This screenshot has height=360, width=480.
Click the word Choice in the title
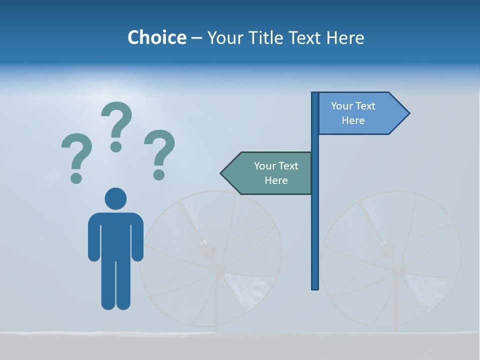(156, 37)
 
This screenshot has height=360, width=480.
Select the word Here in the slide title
(345, 37)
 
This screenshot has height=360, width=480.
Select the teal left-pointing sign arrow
(267, 173)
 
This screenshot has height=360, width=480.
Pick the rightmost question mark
(159, 150)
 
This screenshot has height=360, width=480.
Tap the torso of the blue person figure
(115, 235)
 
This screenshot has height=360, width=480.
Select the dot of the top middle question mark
(116, 146)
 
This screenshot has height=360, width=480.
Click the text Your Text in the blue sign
(353, 106)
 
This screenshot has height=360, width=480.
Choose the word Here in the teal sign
(276, 180)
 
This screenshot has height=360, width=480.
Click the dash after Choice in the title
(196, 38)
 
